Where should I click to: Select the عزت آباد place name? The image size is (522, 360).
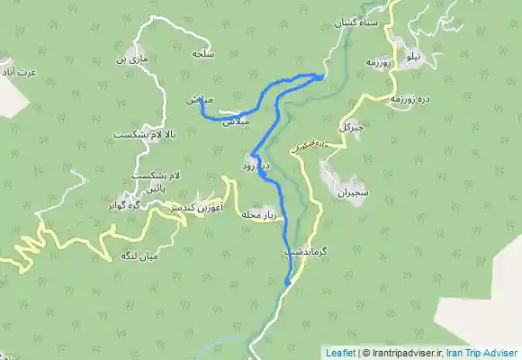pyautogui.click(x=18, y=69)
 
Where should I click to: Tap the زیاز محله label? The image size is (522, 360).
pyautogui.click(x=263, y=214)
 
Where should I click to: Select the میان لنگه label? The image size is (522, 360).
pyautogui.click(x=141, y=256)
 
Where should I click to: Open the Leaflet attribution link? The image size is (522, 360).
pyautogui.click(x=339, y=353)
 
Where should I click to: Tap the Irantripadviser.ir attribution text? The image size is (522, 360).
pyautogui.click(x=404, y=353)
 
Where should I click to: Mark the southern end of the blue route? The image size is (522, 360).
pyautogui.click(x=287, y=284)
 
